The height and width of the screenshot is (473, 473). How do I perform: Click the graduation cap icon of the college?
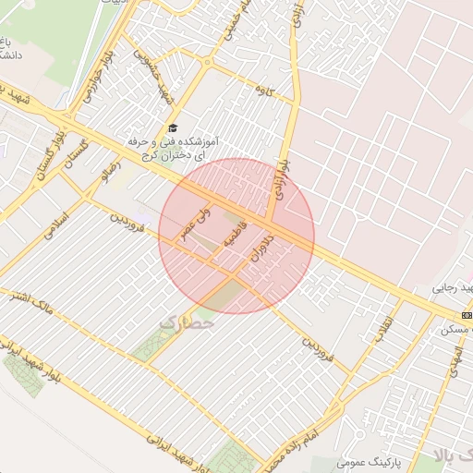tap(172, 129)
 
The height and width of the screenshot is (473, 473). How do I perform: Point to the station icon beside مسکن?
tap(467, 314)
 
